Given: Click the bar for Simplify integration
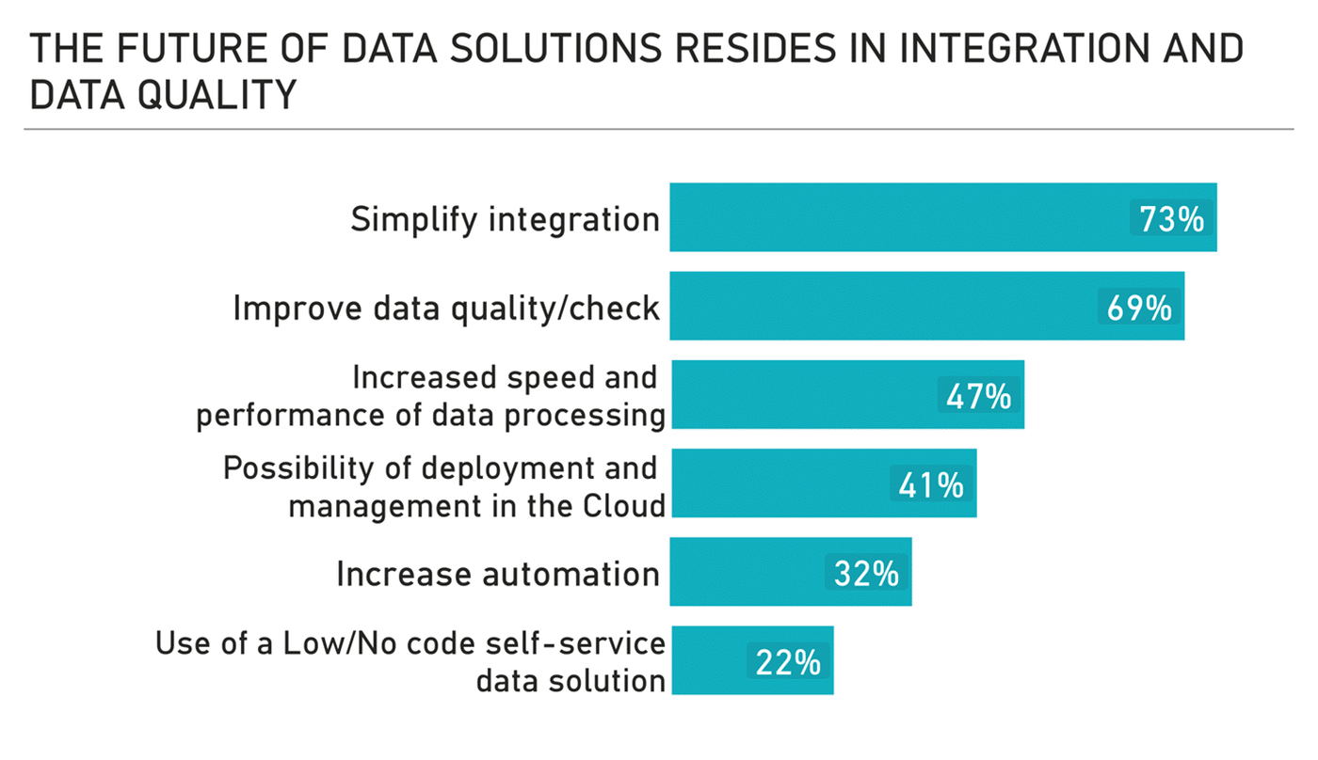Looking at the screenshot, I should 894,217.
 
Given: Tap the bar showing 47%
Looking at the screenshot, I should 800,395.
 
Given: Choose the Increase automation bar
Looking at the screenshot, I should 744,572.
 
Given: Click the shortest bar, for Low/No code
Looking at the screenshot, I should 706,660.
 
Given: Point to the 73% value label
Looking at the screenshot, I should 1171,219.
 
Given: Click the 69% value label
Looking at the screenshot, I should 1139,308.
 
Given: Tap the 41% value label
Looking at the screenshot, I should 931,485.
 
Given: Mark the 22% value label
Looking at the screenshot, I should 788,662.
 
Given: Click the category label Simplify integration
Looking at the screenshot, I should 505,219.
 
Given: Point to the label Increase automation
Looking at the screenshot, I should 497,574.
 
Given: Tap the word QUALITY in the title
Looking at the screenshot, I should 217,95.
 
